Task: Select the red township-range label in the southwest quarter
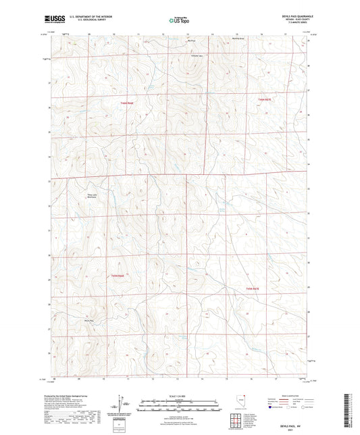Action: [x=119, y=276]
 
